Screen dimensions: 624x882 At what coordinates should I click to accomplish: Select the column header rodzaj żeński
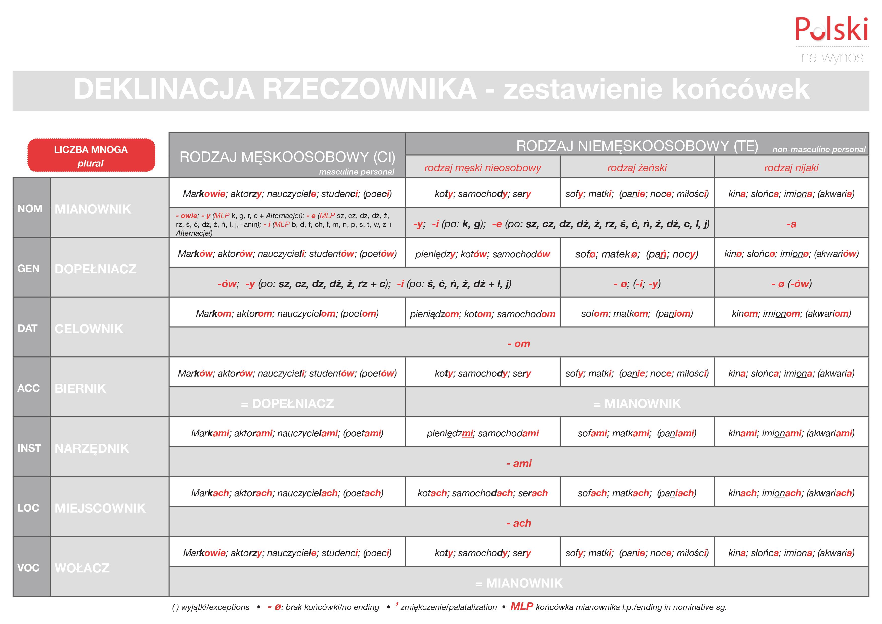coord(637,168)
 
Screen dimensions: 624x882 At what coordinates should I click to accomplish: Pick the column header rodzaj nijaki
coord(791,168)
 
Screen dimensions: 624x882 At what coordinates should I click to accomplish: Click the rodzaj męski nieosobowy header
coord(482,168)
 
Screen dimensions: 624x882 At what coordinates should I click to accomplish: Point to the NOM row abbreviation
coord(30,209)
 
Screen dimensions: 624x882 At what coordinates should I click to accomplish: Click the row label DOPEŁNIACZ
coord(95,269)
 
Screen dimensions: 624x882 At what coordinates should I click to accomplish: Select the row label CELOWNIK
coord(89,329)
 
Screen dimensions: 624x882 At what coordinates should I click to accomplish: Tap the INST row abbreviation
coord(29,448)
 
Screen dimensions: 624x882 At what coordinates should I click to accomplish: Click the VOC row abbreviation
coord(28,567)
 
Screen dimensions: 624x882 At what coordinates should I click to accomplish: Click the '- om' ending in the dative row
coord(519,344)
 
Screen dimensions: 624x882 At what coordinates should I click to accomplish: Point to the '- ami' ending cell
coord(519,463)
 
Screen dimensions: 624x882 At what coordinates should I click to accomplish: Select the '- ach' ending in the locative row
coord(519,523)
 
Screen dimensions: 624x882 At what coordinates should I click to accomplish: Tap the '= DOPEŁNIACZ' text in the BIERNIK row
coord(287,403)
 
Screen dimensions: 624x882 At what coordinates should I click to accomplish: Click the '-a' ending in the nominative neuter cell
coord(791,224)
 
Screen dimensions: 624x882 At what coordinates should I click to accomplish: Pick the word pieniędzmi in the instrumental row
coord(450,433)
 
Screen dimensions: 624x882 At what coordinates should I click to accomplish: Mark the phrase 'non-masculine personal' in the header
coord(819,149)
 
